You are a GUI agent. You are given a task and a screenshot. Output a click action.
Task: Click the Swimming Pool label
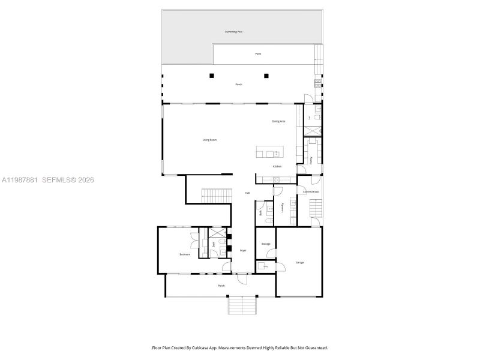tap(233, 32)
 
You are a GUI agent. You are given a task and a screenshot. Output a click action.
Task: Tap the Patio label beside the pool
tap(258, 54)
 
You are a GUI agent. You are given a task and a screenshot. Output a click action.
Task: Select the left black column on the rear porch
tap(211, 76)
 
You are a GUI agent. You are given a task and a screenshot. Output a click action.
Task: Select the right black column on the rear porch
tap(267, 76)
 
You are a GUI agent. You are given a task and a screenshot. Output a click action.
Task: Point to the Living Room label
tap(209, 140)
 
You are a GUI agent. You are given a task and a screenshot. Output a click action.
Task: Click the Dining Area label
tap(278, 121)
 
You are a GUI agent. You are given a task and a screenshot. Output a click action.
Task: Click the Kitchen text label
tap(277, 166)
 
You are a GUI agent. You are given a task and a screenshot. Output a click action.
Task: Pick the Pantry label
tap(311, 160)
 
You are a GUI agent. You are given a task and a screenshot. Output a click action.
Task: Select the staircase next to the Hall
tap(216, 195)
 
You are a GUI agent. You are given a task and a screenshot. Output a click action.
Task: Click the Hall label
tap(247, 193)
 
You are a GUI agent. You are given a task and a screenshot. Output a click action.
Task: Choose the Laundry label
tap(283, 208)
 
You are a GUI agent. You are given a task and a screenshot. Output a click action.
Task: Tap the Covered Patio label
tap(311, 192)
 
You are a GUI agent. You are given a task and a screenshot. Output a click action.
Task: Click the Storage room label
tap(266, 244)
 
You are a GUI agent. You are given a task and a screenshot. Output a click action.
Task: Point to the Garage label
tap(299, 263)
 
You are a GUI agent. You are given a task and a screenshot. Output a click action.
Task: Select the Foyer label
tap(244, 250)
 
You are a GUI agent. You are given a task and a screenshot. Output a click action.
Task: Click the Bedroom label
tap(185, 254)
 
